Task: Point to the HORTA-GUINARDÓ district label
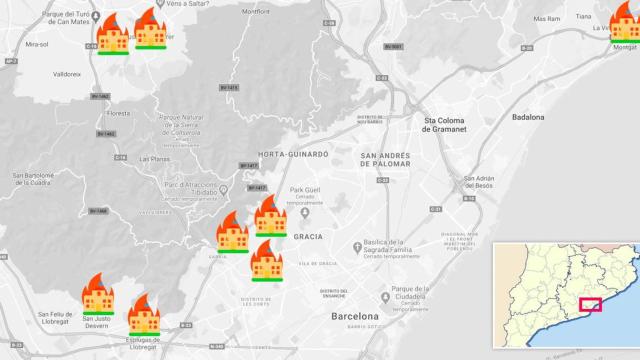click(x=293, y=155)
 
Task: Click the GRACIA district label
click(x=307, y=237)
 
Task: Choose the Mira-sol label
click(x=38, y=45)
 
